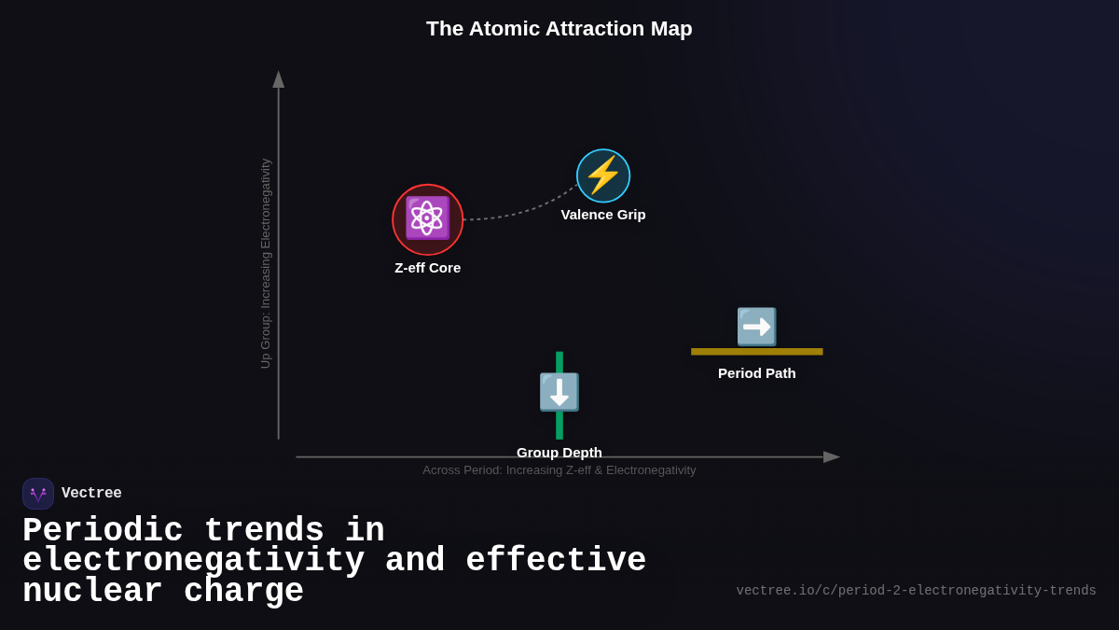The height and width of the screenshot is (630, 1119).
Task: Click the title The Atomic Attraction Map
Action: point(559,29)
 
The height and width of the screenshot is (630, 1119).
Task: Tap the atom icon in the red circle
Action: point(427,218)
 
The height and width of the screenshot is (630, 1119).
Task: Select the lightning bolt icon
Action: point(603,175)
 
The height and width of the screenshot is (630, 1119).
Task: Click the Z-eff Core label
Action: point(427,268)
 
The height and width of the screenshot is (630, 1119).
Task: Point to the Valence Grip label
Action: point(602,215)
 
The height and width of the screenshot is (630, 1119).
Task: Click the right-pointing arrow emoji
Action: point(756,327)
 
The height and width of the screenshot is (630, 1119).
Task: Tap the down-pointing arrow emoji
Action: point(559,392)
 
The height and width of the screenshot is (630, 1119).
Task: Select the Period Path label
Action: point(756,373)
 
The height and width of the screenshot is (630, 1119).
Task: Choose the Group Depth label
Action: point(559,453)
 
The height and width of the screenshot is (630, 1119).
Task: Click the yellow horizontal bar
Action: point(756,352)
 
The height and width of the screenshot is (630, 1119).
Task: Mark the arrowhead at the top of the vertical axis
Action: point(278,79)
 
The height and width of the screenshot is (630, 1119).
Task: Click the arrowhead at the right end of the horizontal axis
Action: point(831,457)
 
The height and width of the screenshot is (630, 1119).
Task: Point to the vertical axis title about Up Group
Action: point(266,263)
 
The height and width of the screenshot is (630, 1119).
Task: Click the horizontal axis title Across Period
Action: point(559,470)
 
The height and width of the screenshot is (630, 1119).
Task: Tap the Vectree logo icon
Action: point(38,494)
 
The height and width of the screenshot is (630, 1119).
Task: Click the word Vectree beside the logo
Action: point(91,494)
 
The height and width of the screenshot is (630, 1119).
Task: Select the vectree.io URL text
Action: point(916,591)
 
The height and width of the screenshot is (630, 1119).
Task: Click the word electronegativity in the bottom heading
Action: point(193,562)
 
